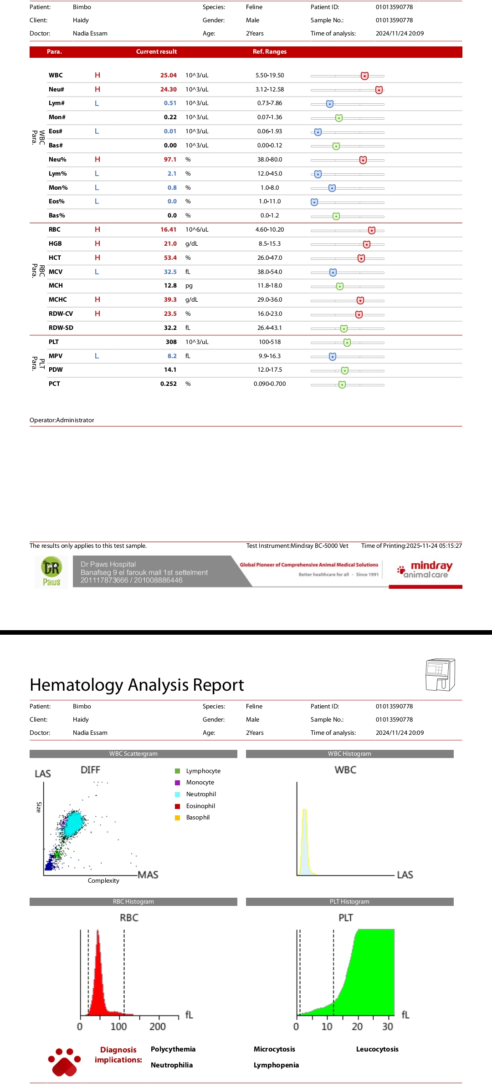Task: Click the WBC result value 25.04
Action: [168, 76]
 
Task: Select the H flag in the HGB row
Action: [97, 244]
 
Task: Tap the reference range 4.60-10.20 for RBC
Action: [270, 230]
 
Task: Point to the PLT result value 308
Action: [171, 342]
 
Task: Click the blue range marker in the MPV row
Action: [333, 357]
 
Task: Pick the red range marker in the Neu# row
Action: [379, 90]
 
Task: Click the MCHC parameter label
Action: [58, 300]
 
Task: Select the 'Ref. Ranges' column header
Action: [270, 52]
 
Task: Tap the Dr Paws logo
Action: [51, 572]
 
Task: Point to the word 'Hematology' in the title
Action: [76, 685]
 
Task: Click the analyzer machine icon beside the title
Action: [440, 675]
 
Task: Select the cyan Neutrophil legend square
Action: [178, 794]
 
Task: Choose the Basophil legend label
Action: [198, 818]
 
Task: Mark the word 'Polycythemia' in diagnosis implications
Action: [173, 1049]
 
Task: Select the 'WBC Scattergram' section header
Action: [133, 754]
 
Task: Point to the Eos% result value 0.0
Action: [172, 202]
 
